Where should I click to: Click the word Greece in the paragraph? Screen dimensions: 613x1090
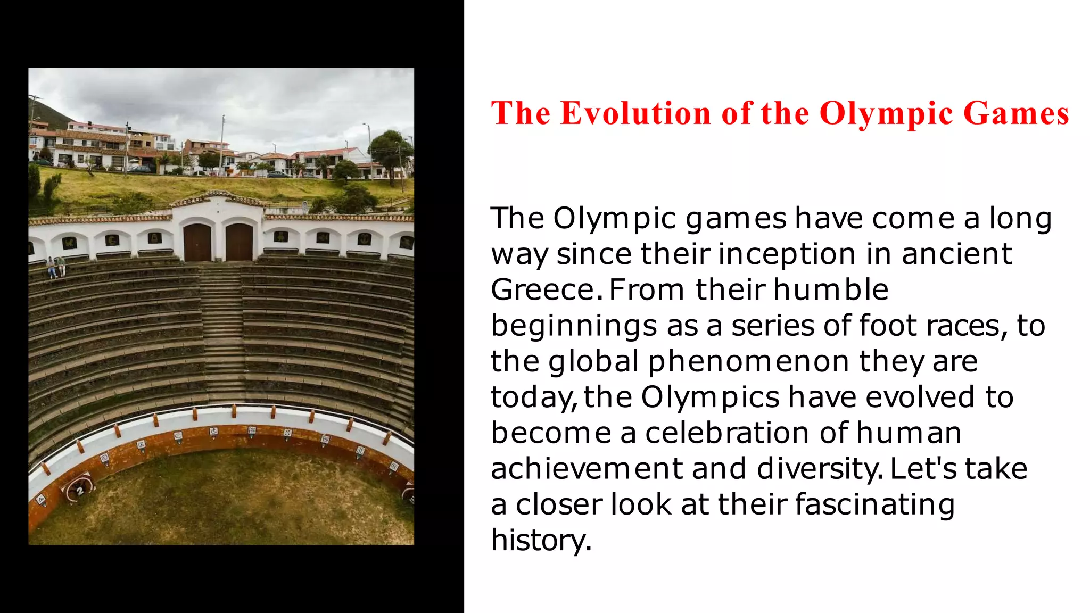tap(543, 290)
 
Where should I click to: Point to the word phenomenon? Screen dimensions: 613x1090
tap(748, 362)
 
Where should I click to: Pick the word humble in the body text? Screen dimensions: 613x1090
tap(831, 290)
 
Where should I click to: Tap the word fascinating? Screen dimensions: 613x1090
tap(875, 504)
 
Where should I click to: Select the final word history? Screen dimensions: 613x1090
tap(540, 540)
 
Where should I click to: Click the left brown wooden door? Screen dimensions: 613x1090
tap(197, 242)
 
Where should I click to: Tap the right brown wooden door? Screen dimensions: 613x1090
tap(239, 242)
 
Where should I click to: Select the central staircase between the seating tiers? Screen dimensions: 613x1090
tap(223, 330)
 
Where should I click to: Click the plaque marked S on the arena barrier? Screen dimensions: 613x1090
tap(288, 433)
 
